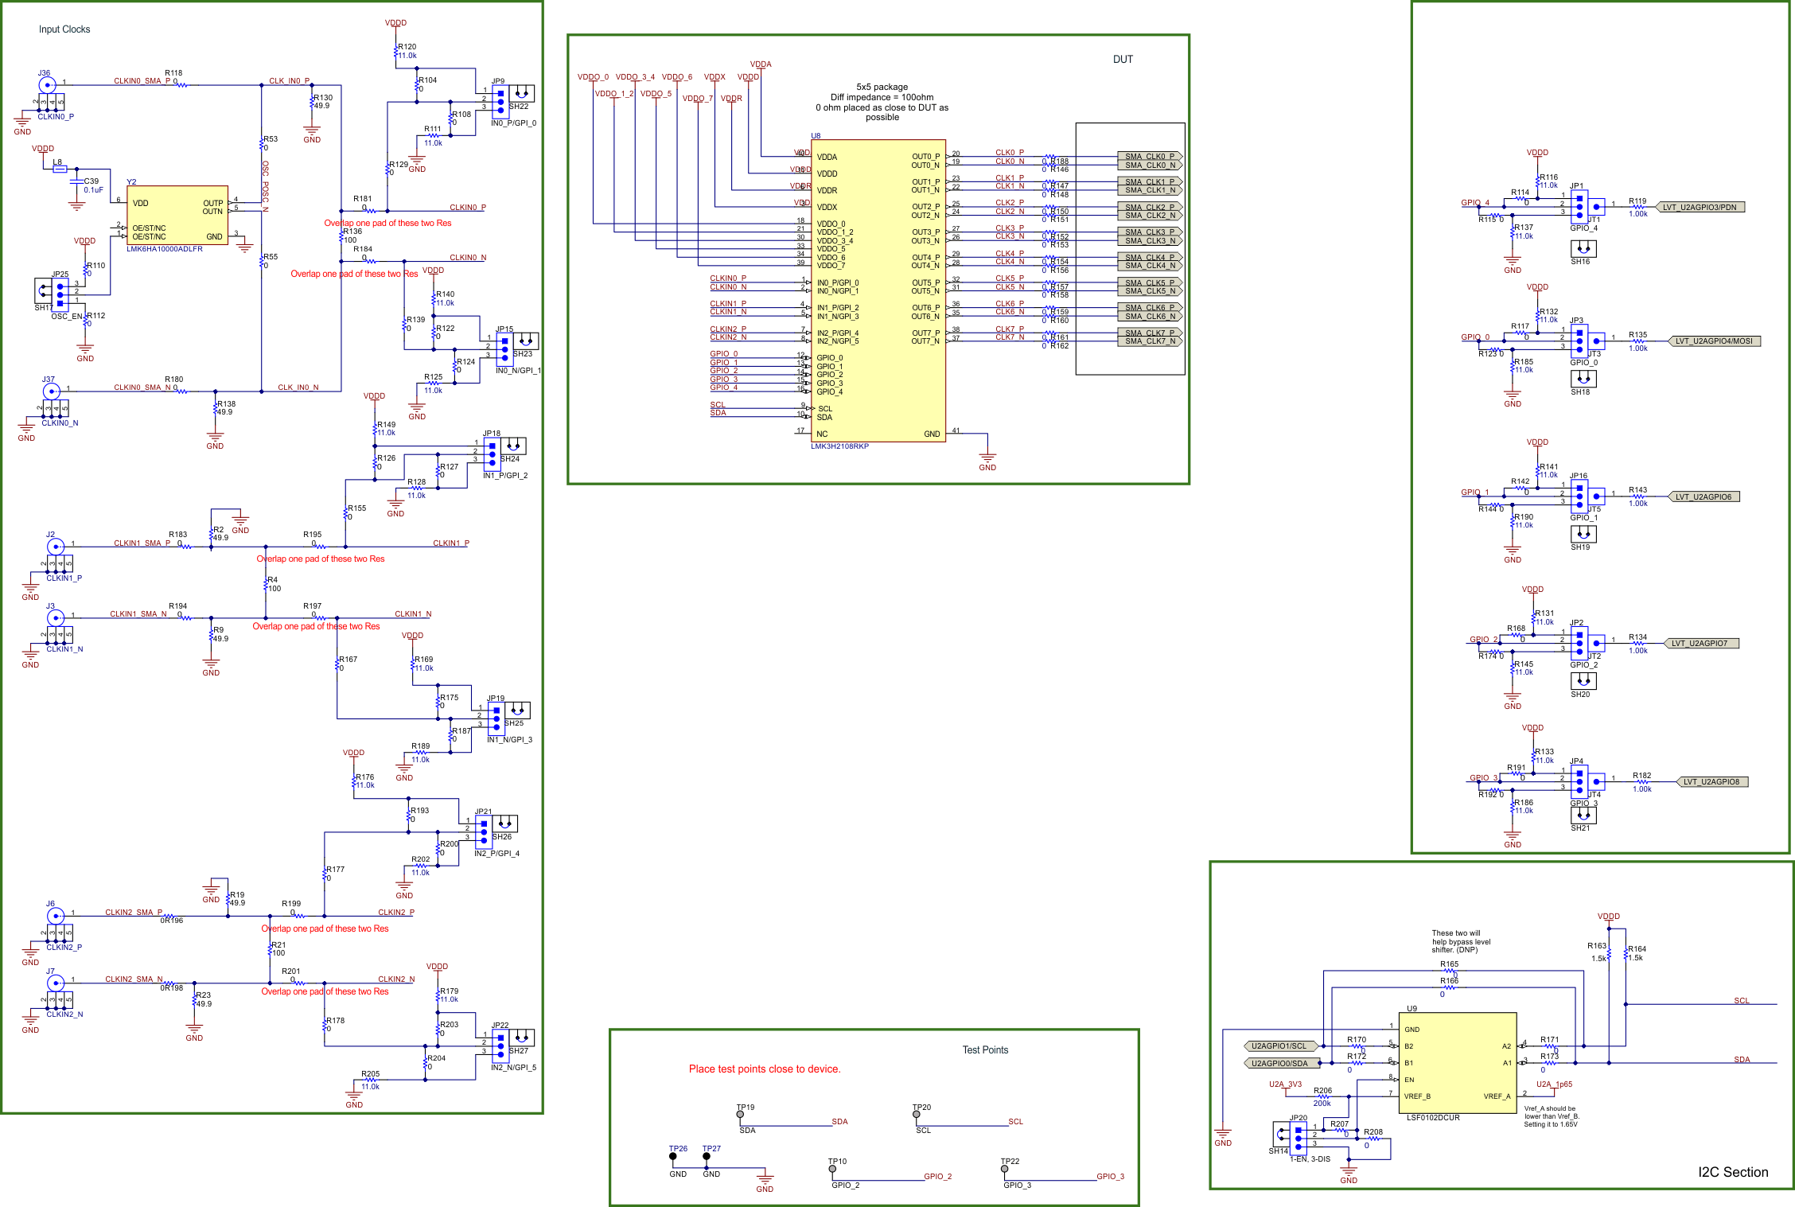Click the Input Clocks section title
pos(64,29)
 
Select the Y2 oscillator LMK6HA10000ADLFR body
pos(177,216)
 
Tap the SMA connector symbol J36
pos(47,85)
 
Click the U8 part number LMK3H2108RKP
pos(839,446)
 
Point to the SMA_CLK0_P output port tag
pos(1149,157)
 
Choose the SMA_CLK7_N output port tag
pos(1149,341)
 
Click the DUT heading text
pos(1122,60)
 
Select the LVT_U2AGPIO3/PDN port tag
pos(1700,208)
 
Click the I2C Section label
pos(1732,1172)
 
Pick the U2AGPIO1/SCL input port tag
pos(1278,1046)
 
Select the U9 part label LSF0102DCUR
pos(1433,1118)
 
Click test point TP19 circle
pos(740,1115)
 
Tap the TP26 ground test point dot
pos(673,1157)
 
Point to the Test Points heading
pos(985,1050)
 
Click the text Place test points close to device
pos(764,1069)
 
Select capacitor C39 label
pos(92,181)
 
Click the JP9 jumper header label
pos(498,81)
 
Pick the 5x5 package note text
pos(882,88)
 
